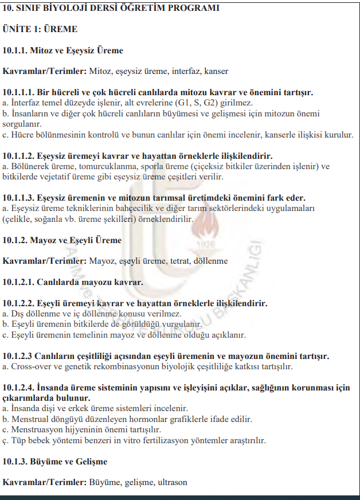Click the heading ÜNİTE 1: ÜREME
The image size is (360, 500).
(x=40, y=29)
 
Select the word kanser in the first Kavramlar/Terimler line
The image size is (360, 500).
(x=216, y=71)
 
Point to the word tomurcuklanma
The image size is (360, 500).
(x=91, y=166)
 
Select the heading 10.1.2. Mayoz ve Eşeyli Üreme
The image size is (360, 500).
(x=62, y=239)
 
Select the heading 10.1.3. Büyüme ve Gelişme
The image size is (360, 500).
(x=55, y=462)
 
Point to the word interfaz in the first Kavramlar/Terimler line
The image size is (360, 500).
(x=172, y=71)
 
